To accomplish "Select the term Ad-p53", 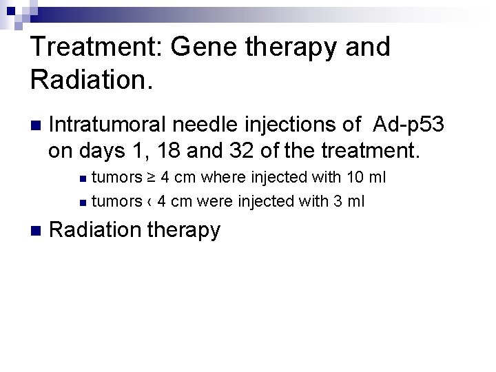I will pyautogui.click(x=409, y=125).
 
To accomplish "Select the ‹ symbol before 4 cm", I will pyautogui.click(x=149, y=202).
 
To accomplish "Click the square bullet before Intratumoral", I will pyautogui.click(x=35, y=126).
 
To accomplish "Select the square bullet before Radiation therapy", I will pyautogui.click(x=35, y=231).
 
